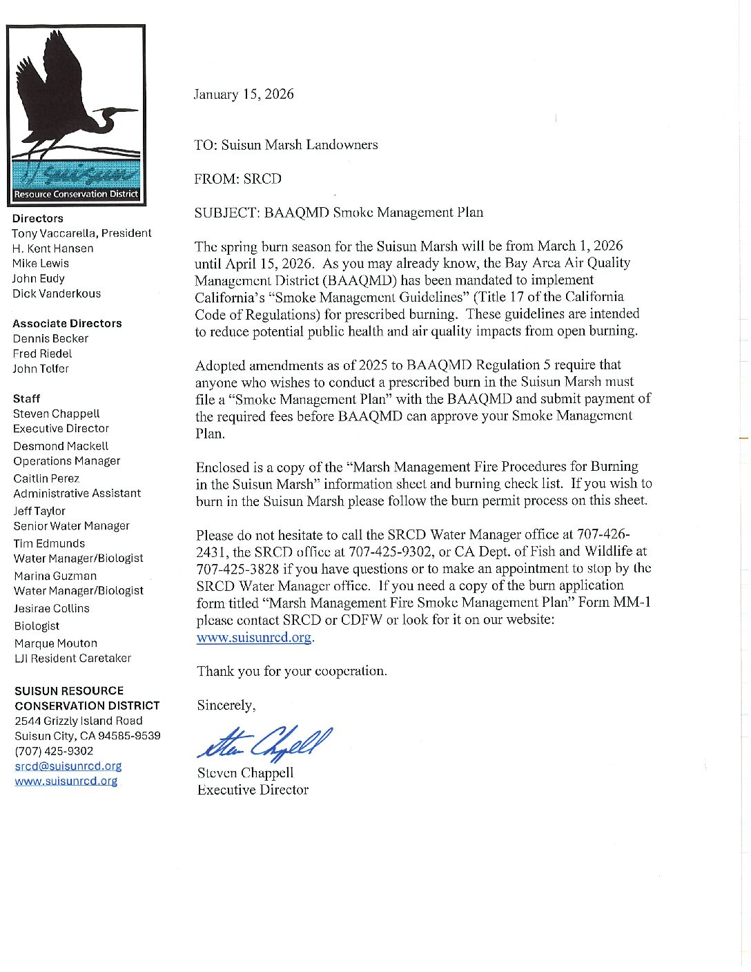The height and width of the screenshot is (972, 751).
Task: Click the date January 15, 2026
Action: [x=244, y=95]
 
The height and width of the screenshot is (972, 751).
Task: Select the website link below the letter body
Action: [x=254, y=637]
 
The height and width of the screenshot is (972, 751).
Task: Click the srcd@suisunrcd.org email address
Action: [x=68, y=766]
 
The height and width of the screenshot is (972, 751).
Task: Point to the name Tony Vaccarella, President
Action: [x=81, y=233]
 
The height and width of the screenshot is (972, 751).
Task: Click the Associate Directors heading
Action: [x=67, y=323]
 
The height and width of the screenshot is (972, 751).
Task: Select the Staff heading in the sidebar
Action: [x=27, y=398]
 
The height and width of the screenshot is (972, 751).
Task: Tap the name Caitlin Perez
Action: [x=46, y=478]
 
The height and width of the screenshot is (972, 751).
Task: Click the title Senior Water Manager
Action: [x=72, y=526]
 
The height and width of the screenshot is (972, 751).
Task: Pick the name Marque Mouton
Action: [x=56, y=643]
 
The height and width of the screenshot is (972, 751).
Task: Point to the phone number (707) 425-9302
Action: [x=54, y=751]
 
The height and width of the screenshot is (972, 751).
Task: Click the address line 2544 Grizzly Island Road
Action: [x=79, y=721]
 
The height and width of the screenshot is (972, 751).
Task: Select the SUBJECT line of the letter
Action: [x=338, y=213]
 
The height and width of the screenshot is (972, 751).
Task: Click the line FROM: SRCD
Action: [x=238, y=179]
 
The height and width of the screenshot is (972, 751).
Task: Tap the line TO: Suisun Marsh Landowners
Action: [x=286, y=145]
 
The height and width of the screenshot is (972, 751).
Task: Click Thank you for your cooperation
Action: [x=292, y=671]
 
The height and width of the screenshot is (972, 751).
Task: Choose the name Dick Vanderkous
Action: [x=57, y=293]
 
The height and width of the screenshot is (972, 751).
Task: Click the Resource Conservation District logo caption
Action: [x=76, y=194]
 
